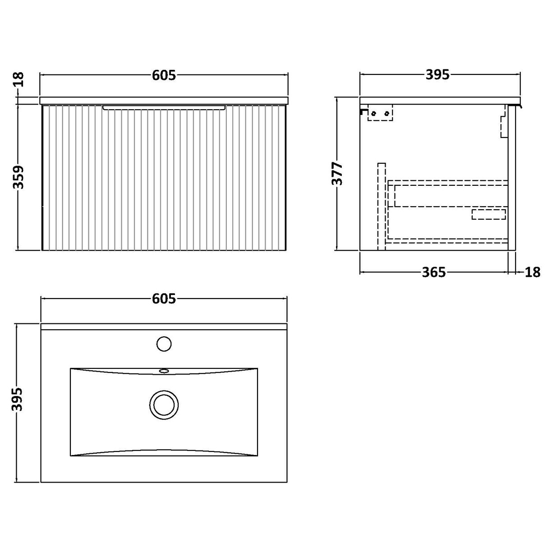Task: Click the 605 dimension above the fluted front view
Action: pyautogui.click(x=163, y=76)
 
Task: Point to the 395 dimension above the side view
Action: pyautogui.click(x=437, y=75)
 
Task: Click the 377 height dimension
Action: pyautogui.click(x=337, y=174)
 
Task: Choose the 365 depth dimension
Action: pyautogui.click(x=434, y=272)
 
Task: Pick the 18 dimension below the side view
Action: pyautogui.click(x=533, y=272)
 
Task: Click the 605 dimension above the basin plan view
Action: pyautogui.click(x=163, y=298)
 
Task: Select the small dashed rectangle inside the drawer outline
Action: pyautogui.click(x=488, y=214)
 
